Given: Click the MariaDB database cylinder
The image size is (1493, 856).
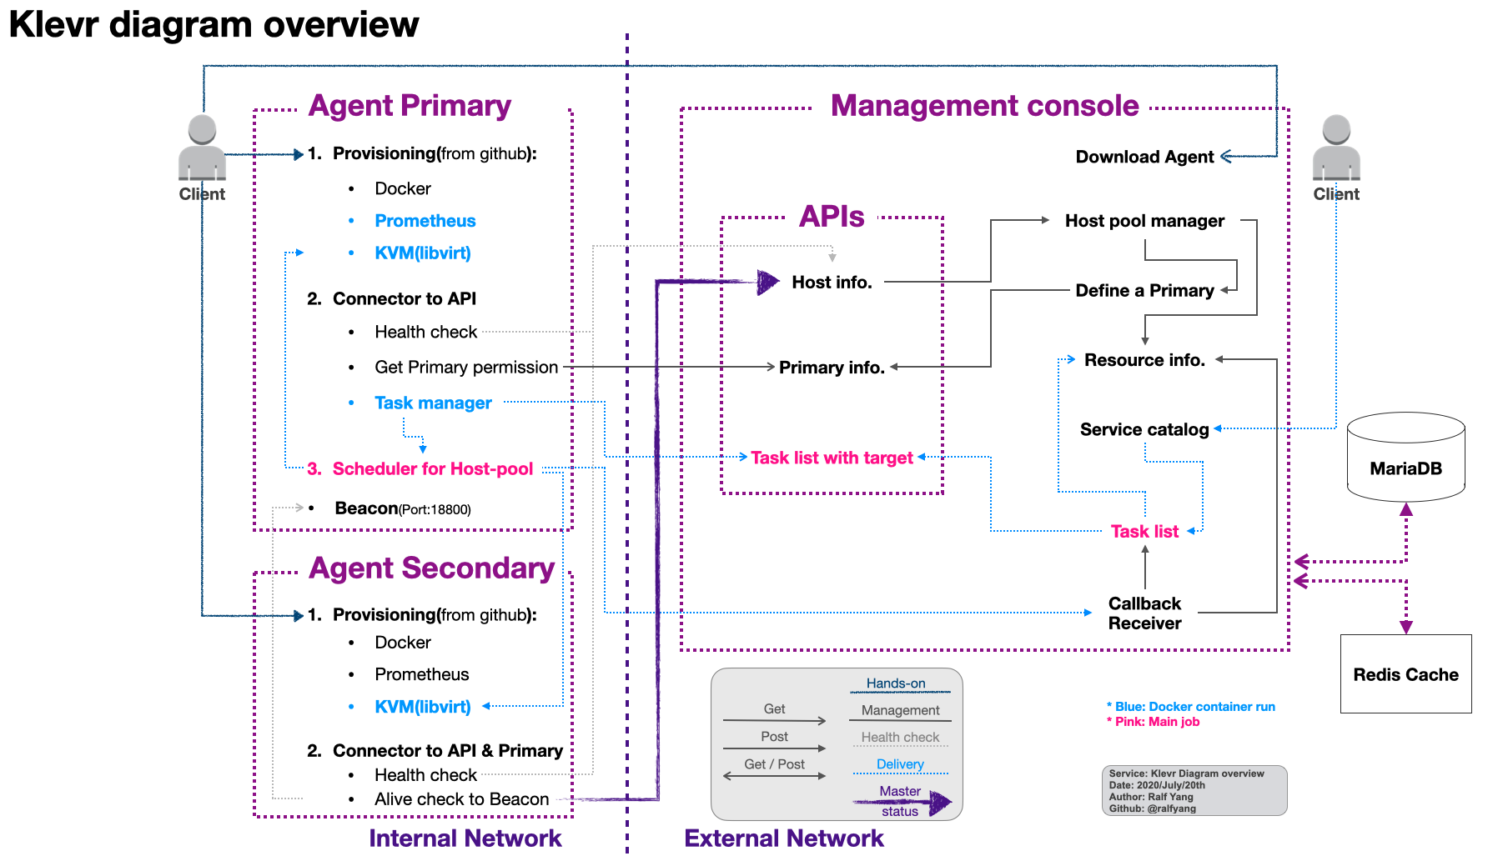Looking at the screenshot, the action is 1405,457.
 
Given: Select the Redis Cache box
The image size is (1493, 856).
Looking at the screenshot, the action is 1405,673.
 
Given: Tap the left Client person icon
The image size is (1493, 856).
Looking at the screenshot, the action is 202,148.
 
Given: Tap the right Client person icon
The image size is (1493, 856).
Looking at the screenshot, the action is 1336,148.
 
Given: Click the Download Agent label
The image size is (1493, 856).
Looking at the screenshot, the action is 1144,157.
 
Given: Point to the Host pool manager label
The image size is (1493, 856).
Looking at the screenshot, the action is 1144,221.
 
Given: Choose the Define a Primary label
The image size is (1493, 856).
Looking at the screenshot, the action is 1144,290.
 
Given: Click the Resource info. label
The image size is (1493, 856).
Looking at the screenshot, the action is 1144,360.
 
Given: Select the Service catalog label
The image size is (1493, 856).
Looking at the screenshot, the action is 1144,429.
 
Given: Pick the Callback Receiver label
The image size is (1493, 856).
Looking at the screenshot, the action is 1144,613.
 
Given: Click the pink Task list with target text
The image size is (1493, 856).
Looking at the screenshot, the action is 832,458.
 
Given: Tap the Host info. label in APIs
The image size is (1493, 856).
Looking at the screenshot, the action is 832,283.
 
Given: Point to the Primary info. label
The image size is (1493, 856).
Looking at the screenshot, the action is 832,368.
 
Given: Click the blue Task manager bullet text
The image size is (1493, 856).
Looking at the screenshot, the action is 433,403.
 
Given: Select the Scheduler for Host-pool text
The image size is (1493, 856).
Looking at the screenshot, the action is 432,468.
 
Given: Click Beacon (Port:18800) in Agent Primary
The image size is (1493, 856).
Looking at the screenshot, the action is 403,508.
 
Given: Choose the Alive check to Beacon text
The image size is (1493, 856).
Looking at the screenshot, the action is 461,799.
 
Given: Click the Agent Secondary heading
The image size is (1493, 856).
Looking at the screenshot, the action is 431,568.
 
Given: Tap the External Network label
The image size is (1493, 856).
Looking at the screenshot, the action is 783,838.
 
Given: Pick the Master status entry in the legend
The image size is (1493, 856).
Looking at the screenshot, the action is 900,801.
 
